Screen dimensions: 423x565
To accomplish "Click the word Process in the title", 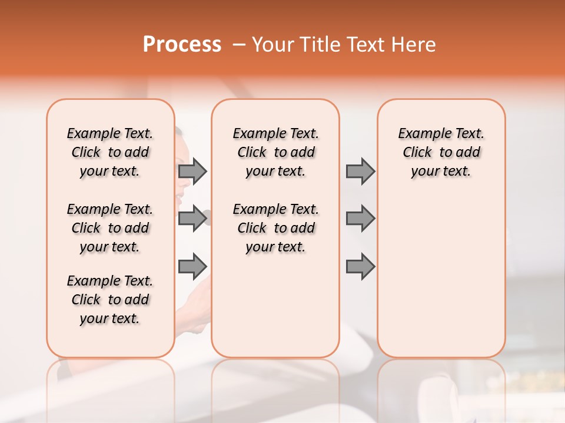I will (x=182, y=45).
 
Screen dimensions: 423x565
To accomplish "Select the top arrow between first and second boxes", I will (x=192, y=171).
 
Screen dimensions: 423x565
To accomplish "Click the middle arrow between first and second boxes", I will (x=192, y=219).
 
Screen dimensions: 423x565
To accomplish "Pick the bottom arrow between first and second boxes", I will (x=192, y=266).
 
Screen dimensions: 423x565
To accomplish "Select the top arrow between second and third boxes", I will (x=360, y=171).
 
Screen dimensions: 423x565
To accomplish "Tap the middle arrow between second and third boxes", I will (x=360, y=219).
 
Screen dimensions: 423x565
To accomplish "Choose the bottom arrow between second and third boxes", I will (x=360, y=266).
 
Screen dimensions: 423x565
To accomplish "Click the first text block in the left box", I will (x=110, y=152).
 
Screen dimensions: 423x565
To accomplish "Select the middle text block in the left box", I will (x=110, y=228).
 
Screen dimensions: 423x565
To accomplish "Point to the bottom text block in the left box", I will (x=110, y=300).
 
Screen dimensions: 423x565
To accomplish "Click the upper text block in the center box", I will (x=275, y=152).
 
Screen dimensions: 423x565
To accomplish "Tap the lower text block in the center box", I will (x=275, y=228).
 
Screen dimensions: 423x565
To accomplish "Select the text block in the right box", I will (x=441, y=152).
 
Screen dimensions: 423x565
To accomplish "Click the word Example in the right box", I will (x=419, y=134).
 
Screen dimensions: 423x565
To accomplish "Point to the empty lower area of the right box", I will (x=441, y=276).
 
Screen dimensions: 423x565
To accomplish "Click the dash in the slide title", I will (x=239, y=45).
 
